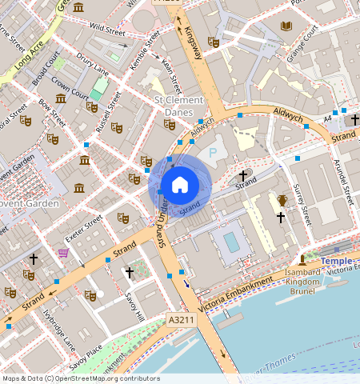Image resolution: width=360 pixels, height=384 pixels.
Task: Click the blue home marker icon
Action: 180,185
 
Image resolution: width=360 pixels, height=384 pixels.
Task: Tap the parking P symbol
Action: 213,152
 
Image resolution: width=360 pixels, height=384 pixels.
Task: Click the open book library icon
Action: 286,26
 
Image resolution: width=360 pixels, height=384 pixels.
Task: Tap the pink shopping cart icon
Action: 63,253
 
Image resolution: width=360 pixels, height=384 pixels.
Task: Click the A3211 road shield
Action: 180,319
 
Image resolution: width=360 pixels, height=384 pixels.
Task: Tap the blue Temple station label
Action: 340,261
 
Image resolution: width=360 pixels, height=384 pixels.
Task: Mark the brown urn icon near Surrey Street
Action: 282,200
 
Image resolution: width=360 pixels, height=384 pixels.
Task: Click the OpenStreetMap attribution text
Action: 81,378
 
